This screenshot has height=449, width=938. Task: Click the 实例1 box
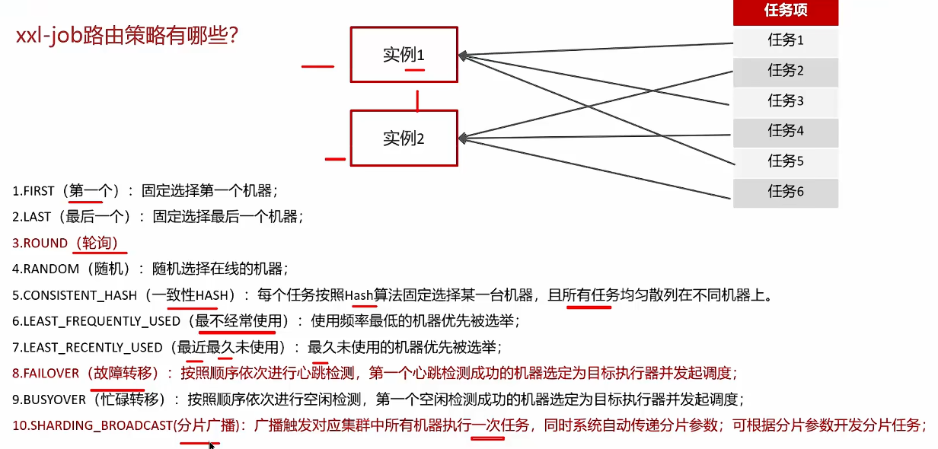point(404,55)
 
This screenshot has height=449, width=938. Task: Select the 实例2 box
point(404,139)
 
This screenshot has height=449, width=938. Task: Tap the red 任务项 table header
point(785,11)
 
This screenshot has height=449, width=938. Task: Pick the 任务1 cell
point(785,40)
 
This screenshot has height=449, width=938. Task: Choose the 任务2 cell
point(785,71)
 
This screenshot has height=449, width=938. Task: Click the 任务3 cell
point(785,100)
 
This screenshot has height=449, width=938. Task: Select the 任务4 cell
point(785,131)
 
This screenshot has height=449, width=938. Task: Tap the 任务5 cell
point(785,161)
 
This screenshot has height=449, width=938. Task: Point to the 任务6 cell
point(785,191)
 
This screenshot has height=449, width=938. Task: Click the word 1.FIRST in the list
point(33,191)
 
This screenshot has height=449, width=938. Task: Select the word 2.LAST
point(32,217)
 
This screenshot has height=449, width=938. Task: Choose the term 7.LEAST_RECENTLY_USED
point(88,348)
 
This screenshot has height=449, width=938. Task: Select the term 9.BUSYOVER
point(47,400)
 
